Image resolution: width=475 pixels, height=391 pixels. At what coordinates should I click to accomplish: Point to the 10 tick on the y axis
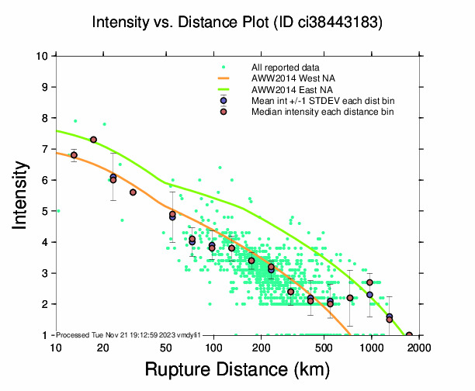click(x=45, y=56)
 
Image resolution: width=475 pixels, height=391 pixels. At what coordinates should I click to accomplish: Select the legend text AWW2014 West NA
click(x=288, y=79)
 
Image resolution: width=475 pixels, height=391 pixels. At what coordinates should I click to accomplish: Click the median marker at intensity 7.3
click(x=93, y=140)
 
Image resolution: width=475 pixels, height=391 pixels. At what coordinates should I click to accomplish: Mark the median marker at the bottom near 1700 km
click(x=409, y=335)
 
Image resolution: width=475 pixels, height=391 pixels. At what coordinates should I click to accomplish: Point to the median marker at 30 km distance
click(x=133, y=192)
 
